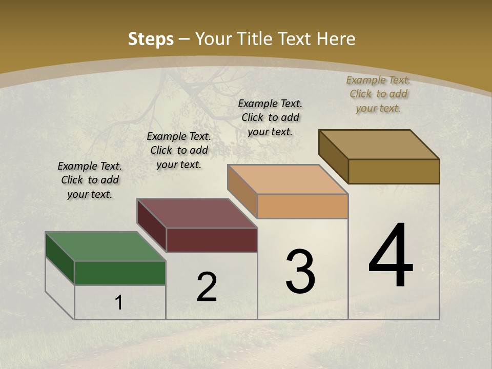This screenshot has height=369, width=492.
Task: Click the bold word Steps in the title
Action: pos(150,39)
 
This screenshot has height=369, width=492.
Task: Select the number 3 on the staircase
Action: pos(300,272)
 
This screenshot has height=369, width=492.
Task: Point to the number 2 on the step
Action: pos(207,287)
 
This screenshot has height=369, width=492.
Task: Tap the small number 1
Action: pos(119,303)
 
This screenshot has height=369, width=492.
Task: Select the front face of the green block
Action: pos(120,273)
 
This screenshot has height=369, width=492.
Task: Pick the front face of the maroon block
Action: pos(212,240)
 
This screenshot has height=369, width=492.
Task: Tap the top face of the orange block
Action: pos(288,179)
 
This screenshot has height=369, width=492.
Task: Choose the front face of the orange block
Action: pos(302,207)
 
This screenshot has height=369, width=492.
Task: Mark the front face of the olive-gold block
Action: pos(394,171)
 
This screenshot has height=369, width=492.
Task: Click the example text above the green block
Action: pos(90,180)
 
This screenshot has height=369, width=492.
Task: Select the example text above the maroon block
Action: pos(179,150)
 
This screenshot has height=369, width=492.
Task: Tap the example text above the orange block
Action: pos(270,117)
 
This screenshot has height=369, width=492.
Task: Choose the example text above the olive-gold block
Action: pos(378,94)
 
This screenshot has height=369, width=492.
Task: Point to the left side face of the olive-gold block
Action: pos(333,156)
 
